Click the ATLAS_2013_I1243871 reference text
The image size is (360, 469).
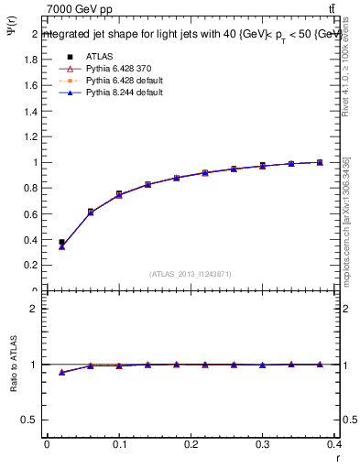point(190,274)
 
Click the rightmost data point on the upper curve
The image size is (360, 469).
point(320,162)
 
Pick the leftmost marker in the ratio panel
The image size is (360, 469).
point(61,373)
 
